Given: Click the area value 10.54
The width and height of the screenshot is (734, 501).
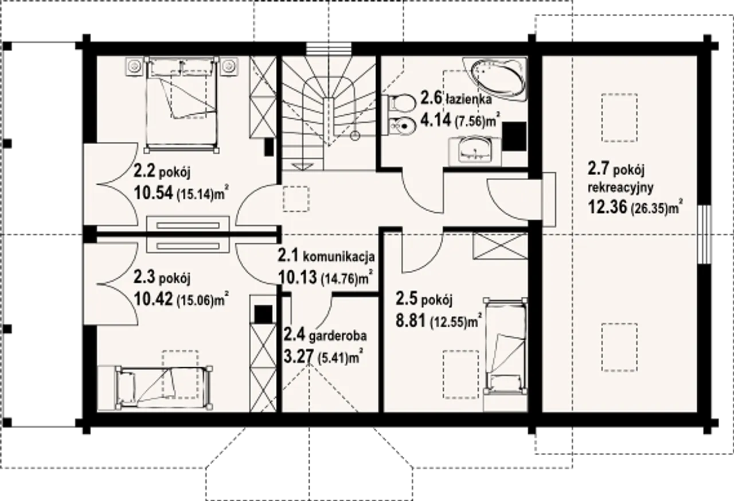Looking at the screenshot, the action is [x=153, y=193].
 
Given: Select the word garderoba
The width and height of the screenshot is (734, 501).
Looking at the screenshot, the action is [x=338, y=336].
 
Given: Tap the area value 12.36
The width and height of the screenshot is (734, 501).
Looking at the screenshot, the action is [x=607, y=207].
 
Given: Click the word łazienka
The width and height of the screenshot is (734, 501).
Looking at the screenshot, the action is [x=469, y=99].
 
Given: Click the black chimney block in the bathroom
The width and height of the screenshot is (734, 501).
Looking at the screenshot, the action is [x=514, y=137].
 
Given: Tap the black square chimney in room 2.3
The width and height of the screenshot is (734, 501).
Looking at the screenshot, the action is [x=263, y=314].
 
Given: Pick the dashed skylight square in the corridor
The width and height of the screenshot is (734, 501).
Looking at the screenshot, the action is [x=296, y=199].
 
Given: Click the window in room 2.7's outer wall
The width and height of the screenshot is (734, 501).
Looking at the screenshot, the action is [x=704, y=234].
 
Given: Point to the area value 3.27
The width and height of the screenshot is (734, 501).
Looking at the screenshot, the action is [x=298, y=356].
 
